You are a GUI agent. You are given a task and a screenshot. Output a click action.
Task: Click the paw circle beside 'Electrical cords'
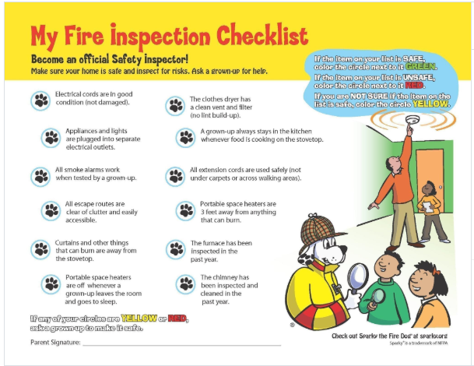click(40, 100)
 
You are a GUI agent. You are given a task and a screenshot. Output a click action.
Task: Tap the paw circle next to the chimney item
click(185, 284)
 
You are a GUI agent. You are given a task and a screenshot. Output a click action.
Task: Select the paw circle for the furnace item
click(176, 249)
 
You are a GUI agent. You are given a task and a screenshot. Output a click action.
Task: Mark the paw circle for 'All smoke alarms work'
click(40, 177)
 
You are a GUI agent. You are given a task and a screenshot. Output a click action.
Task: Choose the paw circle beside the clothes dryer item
click(175, 106)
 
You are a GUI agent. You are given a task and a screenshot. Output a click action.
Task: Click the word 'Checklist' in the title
click(262, 37)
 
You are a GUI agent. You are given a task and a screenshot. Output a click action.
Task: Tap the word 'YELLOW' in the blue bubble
click(430, 104)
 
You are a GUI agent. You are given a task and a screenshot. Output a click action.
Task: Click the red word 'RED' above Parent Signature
click(177, 318)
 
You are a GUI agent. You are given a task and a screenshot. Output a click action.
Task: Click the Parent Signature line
click(182, 345)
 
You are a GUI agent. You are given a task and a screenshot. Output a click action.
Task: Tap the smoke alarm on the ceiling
click(412, 119)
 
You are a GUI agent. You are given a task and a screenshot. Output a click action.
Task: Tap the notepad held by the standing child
click(428, 207)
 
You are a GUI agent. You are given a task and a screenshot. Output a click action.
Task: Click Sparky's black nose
click(343, 249)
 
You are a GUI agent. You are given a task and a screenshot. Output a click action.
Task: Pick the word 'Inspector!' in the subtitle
click(166, 59)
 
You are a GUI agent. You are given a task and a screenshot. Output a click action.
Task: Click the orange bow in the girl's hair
click(436, 271)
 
